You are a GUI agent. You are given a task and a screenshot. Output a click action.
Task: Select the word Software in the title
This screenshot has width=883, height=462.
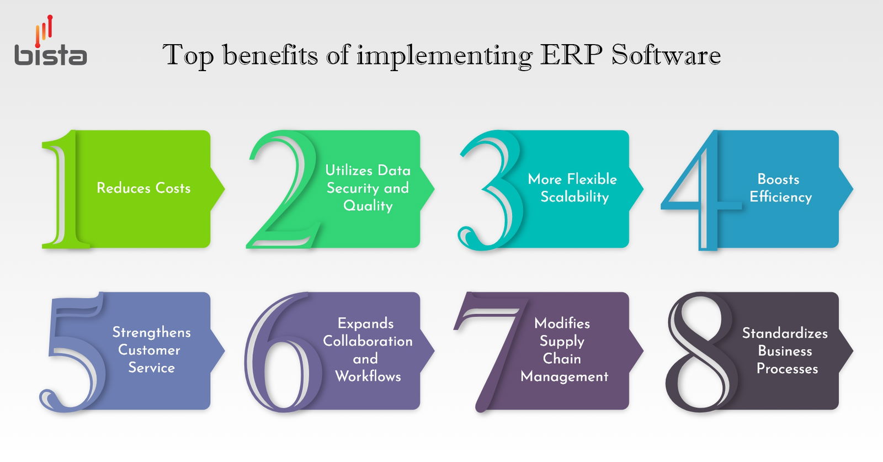(x=666, y=55)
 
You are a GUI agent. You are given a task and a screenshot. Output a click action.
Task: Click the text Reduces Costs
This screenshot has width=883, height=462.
(x=143, y=188)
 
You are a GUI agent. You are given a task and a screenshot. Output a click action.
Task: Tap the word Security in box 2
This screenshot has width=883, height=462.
(x=353, y=189)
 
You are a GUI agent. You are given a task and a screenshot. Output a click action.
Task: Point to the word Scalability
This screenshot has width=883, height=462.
(x=575, y=197)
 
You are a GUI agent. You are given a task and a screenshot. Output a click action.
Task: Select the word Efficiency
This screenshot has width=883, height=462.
(x=780, y=197)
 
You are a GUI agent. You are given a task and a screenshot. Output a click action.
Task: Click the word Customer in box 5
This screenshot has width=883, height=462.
(x=149, y=350)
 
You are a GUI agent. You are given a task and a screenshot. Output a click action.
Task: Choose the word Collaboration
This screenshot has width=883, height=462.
(x=368, y=341)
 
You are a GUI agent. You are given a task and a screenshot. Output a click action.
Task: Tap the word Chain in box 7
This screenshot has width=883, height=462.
(x=562, y=359)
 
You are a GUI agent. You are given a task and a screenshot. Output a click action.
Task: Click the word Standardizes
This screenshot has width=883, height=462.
(x=785, y=333)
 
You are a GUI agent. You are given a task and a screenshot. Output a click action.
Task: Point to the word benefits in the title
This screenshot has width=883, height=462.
(x=270, y=55)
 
